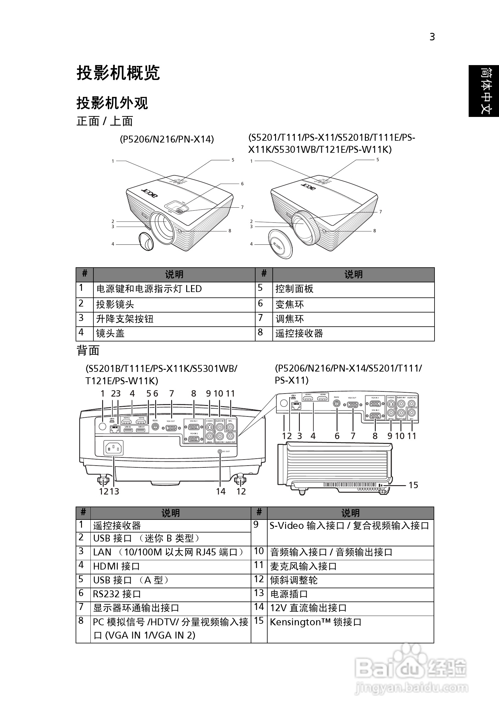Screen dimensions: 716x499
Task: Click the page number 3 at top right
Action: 432,37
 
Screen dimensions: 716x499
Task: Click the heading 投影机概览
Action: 118,73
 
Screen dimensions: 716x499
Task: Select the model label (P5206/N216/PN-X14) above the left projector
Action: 167,139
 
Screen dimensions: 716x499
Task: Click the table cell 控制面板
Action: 294,289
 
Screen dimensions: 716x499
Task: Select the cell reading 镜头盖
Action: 110,333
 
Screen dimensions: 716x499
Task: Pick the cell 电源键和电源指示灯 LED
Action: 149,289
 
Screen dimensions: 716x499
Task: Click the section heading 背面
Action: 88,350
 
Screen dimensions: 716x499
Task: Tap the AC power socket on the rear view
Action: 113,448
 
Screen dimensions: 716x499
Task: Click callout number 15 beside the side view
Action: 413,485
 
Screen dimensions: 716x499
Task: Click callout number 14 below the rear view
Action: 221,491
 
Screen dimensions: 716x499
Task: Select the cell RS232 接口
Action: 117,594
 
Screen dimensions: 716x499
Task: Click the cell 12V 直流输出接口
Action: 308,608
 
